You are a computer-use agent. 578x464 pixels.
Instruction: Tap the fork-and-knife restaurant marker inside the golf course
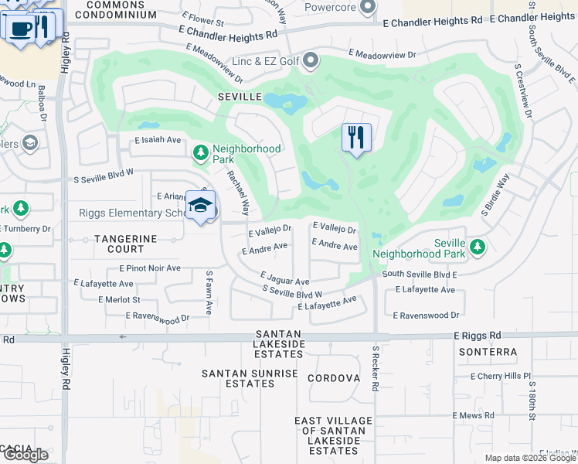point(356,138)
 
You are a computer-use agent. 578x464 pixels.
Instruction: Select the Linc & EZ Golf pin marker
point(311,60)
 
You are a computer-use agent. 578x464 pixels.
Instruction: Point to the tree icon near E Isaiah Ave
point(201,152)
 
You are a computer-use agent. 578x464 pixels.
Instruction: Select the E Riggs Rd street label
point(478,336)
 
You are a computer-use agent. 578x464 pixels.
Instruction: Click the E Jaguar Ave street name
point(284,278)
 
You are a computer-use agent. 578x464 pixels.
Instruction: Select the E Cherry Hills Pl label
point(501,376)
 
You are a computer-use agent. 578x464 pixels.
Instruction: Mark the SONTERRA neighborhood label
point(487,352)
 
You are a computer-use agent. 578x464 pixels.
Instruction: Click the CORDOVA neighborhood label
point(334,378)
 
